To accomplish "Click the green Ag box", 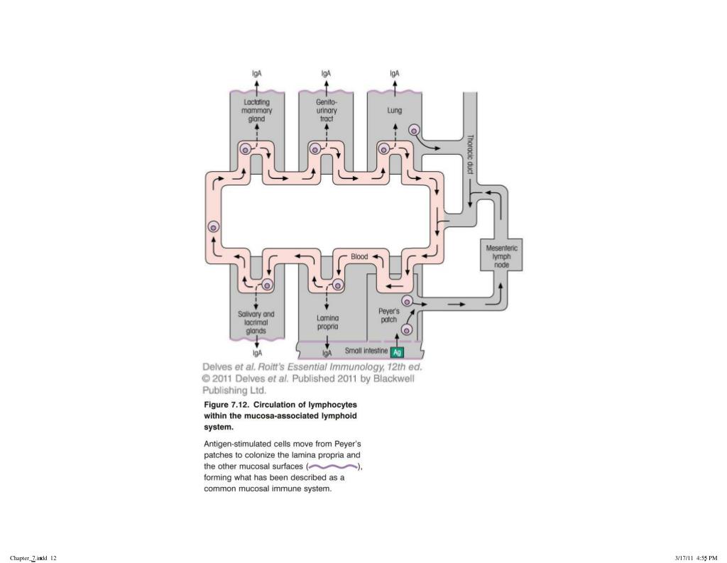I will [398, 352].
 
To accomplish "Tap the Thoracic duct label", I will [470, 155].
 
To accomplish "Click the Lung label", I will [394, 111].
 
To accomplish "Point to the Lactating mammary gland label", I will [256, 111].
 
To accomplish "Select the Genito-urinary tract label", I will [326, 111].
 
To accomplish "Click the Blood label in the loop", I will [360, 256].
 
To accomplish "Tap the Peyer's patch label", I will [389, 315].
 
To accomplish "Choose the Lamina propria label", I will [327, 322].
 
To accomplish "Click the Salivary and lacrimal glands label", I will [256, 322].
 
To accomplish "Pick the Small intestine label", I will [366, 351].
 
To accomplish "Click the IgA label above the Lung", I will [394, 73].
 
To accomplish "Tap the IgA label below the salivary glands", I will [257, 352].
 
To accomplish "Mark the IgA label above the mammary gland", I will [257, 73].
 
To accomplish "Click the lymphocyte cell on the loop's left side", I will [213, 227].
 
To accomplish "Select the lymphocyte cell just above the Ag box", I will [407, 329].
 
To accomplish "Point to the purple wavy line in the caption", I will [334, 466].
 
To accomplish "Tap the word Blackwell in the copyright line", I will [393, 379].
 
